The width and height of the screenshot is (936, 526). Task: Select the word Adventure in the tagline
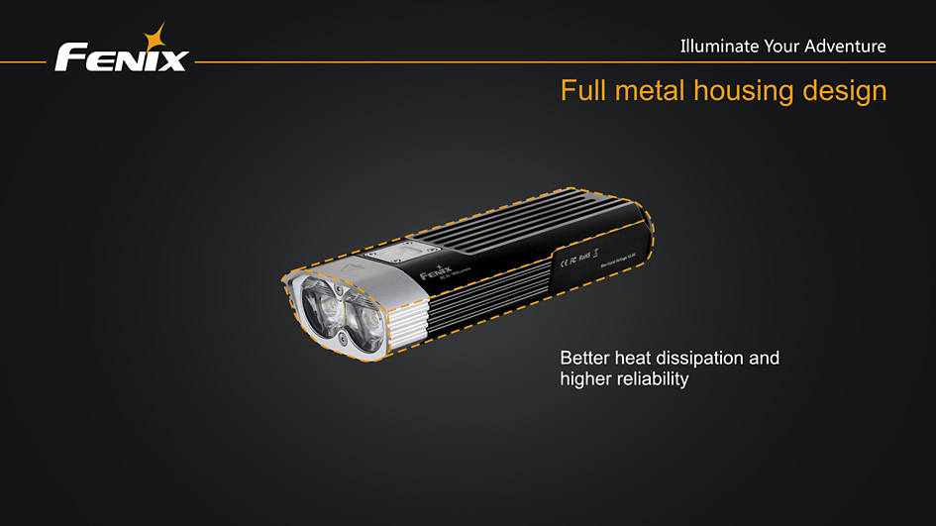point(845,46)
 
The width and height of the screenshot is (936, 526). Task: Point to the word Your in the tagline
point(781,46)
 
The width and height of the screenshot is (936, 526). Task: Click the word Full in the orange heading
point(583,91)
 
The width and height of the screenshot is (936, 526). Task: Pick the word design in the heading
point(844,92)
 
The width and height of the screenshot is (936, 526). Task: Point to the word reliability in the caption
point(651,379)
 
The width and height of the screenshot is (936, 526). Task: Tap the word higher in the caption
point(584,379)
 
